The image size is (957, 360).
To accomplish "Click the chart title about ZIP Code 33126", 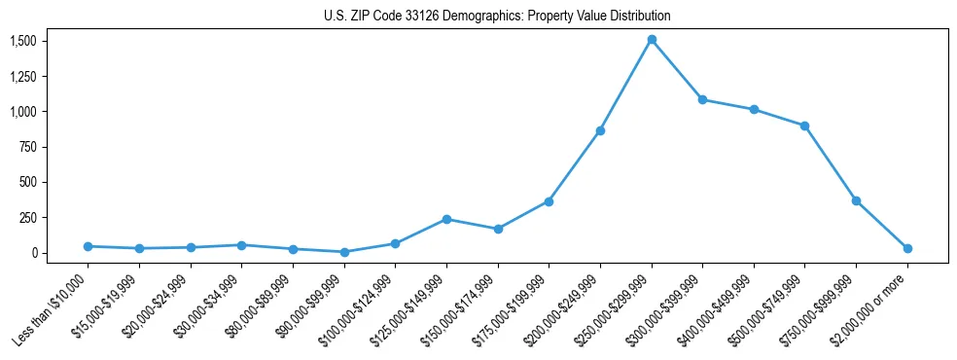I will pyautogui.click(x=497, y=17).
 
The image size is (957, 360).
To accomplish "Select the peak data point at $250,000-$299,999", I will pyautogui.click(x=652, y=40).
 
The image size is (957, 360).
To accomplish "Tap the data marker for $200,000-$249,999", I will pyautogui.click(x=600, y=130).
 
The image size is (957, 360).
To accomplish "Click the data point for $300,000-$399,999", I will pyautogui.click(x=702, y=99).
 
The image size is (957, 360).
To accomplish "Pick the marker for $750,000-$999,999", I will pyautogui.click(x=856, y=200).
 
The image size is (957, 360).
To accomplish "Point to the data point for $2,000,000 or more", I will pyautogui.click(x=907, y=248).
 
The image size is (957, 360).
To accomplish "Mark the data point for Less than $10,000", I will pyautogui.click(x=88, y=246).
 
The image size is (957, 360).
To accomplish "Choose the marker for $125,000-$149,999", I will pyautogui.click(x=446, y=219).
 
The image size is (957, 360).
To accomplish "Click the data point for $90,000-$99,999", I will pyautogui.click(x=343, y=252).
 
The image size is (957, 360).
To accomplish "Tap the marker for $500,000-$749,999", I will pyautogui.click(x=804, y=126).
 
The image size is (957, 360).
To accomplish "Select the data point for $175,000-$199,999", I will pyautogui.click(x=549, y=201).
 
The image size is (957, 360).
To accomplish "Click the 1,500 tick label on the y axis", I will pyautogui.click(x=23, y=41).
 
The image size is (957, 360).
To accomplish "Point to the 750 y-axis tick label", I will pyautogui.click(x=28, y=147).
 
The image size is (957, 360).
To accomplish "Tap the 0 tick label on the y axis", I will pyautogui.click(x=34, y=253).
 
